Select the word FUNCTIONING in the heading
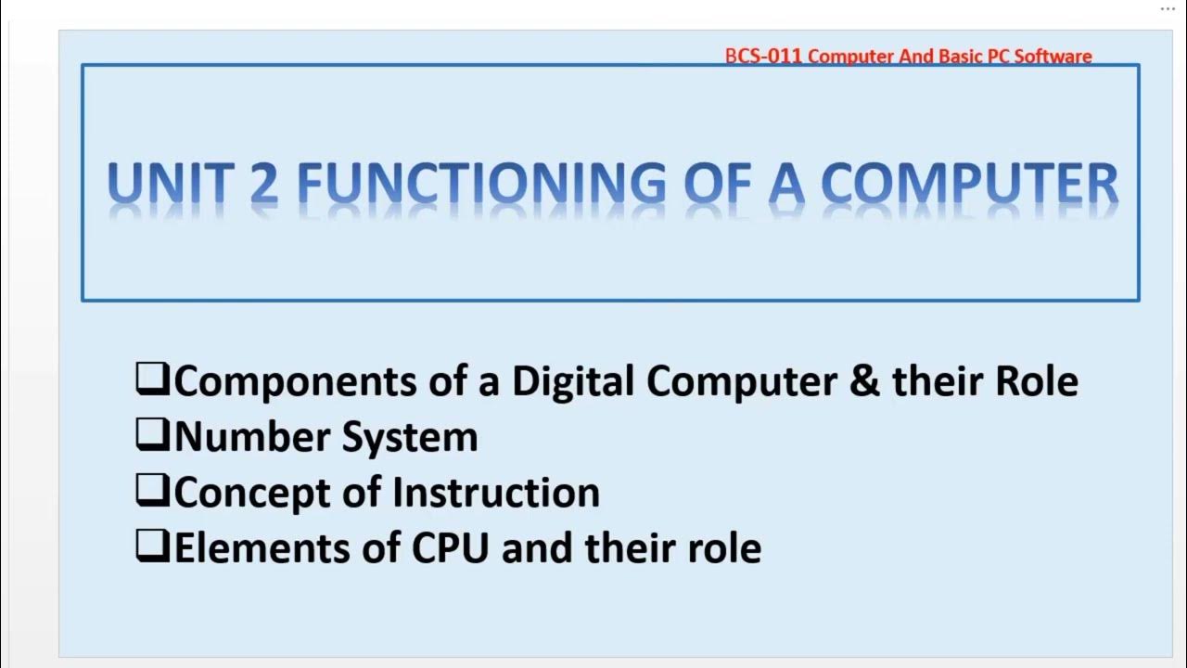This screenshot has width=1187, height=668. pos(481,183)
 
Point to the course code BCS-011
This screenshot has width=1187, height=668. pos(764,57)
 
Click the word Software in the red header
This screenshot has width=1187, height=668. pos(1053,57)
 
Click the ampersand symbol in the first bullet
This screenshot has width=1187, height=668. pos(864,381)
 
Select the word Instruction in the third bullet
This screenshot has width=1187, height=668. pos(496,493)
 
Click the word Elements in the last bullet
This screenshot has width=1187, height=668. pos(244,548)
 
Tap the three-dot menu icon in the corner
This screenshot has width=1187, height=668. pos(1168,8)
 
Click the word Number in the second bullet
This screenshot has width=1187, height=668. pos(249,437)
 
